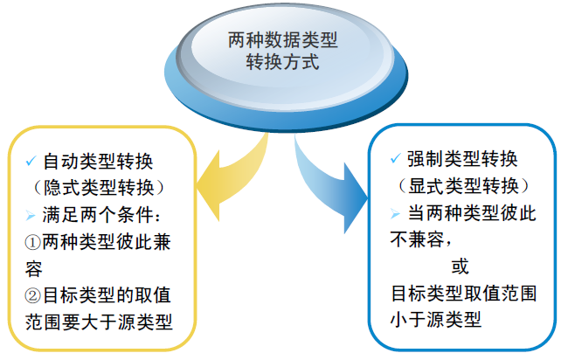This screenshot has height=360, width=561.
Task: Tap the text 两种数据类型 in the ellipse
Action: pos(280,40)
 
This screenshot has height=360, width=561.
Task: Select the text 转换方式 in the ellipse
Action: pos(280,63)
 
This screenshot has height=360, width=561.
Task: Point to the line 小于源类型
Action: pos(433,319)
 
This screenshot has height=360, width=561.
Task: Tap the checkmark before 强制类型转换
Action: pos(396,160)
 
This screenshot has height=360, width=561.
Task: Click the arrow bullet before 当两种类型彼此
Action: pos(396,212)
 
